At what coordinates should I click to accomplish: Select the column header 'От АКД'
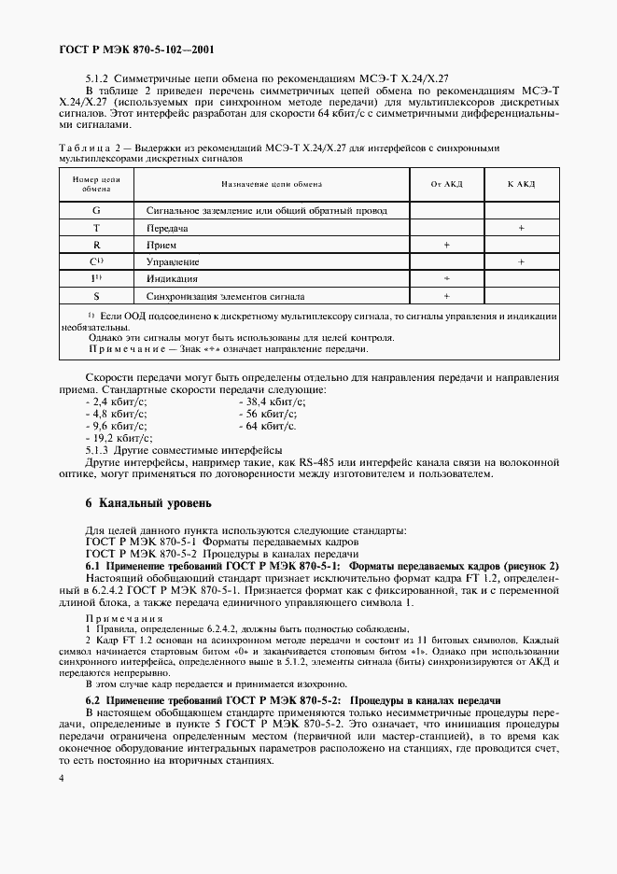coord(446,184)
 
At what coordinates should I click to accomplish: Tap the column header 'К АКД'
coord(521,184)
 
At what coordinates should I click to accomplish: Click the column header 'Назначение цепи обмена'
coord(273,184)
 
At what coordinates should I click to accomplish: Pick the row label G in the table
coord(96,211)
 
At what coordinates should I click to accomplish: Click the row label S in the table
coord(96,296)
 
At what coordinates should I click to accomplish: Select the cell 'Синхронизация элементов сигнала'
coord(226,296)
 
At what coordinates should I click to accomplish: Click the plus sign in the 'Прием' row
coord(446,245)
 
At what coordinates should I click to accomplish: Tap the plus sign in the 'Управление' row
coord(521,262)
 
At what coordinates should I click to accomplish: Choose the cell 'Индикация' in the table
coord(172,279)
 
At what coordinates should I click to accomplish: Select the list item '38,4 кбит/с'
coord(270,399)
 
